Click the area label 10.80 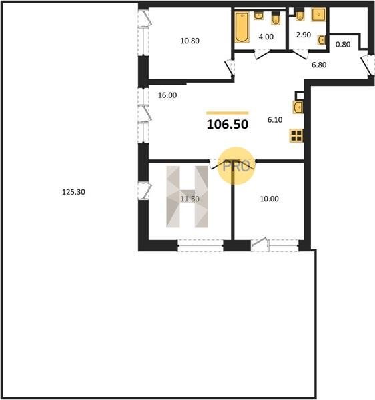pos(190,41)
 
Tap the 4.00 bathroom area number pos(266,37)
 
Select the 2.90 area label pos(303,35)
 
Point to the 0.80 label pos(342,45)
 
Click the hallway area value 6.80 pos(319,65)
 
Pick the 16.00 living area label pos(167,95)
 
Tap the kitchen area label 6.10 pos(275,119)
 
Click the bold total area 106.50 pos(228,125)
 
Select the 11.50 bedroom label pos(190,199)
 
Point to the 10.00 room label pos(269,199)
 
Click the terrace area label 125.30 pos(74,192)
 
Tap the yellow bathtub pos(242,27)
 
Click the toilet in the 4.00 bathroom pos(276,19)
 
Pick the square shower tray pos(318,15)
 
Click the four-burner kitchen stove pos(296,135)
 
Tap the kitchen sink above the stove pos(298,107)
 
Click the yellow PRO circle pos(236,166)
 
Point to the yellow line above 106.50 pos(227,113)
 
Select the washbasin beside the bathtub pos(259,16)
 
